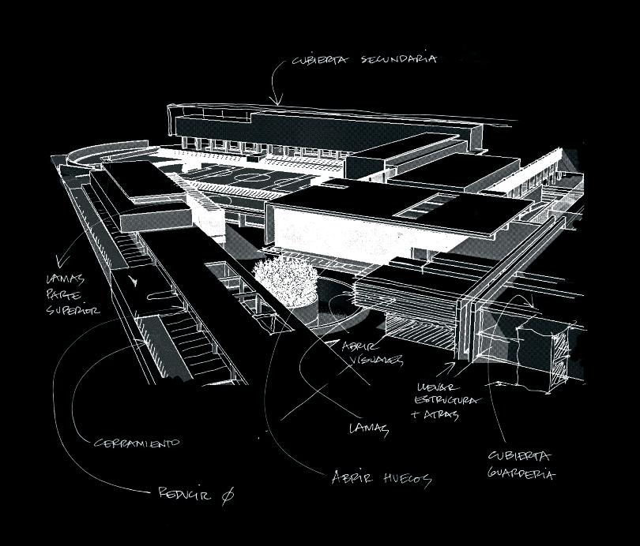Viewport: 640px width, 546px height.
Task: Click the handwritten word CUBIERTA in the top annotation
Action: (322, 61)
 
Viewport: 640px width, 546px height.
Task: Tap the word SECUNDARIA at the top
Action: (408, 59)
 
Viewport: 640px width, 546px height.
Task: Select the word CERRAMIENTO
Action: (137, 443)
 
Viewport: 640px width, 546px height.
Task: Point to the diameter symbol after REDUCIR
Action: (228, 495)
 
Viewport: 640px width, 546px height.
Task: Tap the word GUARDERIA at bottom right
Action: (522, 474)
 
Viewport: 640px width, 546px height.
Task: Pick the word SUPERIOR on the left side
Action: (73, 310)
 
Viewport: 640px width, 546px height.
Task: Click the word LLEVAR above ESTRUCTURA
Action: (434, 387)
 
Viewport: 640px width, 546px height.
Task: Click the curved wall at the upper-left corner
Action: (87, 155)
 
